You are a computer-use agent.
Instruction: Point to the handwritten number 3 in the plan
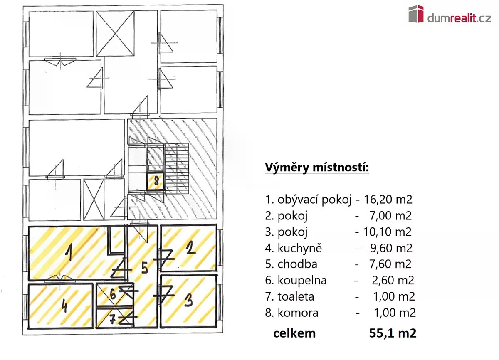tap(189, 300)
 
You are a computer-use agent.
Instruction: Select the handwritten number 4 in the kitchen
tap(64, 306)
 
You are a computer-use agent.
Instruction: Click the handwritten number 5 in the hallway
tap(145, 267)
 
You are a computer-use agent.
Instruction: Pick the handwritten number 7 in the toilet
tap(113, 320)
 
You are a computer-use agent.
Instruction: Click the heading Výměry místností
tap(317, 168)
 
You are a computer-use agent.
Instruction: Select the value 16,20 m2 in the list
tap(388, 200)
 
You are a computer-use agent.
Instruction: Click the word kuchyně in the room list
tap(300, 248)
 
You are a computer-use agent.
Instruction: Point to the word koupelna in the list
tap(302, 280)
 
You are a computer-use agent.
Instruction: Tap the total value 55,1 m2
tap(393, 333)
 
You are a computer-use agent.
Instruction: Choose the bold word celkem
tap(294, 333)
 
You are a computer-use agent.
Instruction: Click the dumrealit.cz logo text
tap(459, 18)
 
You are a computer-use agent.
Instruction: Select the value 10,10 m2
tap(388, 232)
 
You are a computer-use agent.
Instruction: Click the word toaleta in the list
tap(296, 296)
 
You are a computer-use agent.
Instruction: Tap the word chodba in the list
tap(297, 264)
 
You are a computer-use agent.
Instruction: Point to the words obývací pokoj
tap(314, 200)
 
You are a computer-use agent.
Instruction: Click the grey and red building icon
tap(416, 14)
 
